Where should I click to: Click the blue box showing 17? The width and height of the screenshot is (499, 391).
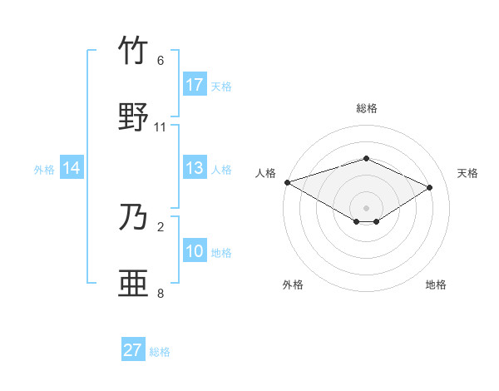click(x=195, y=85)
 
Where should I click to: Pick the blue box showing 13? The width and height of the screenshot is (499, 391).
click(x=195, y=168)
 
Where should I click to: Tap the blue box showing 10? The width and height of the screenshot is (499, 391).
click(x=195, y=251)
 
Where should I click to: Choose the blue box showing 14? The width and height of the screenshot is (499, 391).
click(x=72, y=168)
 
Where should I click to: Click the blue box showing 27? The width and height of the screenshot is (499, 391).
click(x=133, y=350)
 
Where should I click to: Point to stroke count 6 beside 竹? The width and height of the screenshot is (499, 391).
click(x=161, y=61)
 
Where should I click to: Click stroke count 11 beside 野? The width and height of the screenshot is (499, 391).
click(x=161, y=126)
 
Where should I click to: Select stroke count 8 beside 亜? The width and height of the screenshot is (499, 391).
click(x=161, y=293)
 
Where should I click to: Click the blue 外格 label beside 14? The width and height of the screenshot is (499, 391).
click(x=44, y=169)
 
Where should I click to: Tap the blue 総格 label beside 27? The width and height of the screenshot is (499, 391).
click(x=160, y=351)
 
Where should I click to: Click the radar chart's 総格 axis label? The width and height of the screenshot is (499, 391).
click(x=366, y=108)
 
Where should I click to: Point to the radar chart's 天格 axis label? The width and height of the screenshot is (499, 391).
click(x=468, y=173)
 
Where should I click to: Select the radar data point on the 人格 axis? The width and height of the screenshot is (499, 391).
click(x=287, y=182)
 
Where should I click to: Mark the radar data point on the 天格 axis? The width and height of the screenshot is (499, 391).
click(x=430, y=187)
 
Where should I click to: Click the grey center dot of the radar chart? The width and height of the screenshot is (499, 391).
click(x=366, y=207)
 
